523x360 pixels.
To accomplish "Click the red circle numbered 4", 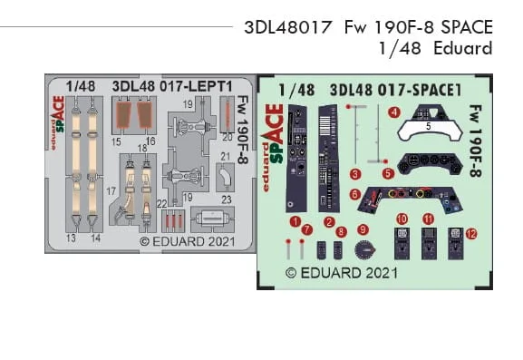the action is pos(394,112).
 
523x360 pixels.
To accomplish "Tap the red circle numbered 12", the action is pos(471,234).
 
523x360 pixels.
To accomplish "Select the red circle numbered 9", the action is pos(363,229).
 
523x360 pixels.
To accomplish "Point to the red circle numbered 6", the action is pos(355,194).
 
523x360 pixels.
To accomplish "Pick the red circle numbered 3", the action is pos(355,174).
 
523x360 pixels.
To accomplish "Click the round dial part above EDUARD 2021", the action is pos(365,250).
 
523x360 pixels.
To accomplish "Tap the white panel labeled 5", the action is pos(430,131).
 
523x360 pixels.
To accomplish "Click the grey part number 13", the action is pos(71,238).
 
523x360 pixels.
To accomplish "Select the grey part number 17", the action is pos(111,191).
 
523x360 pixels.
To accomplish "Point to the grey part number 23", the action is pos(227,199).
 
